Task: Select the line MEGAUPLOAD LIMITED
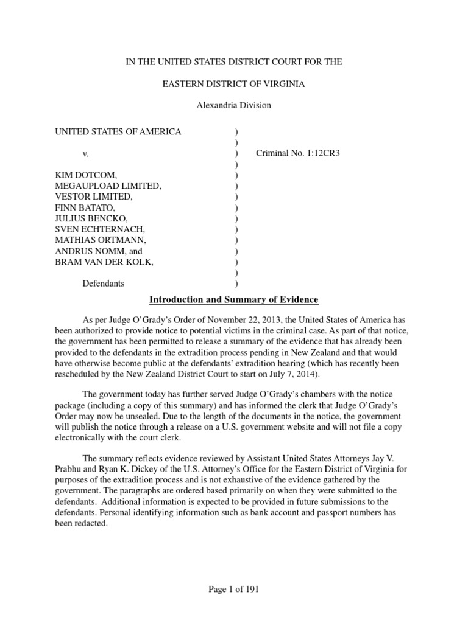[108, 186]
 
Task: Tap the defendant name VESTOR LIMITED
[93, 197]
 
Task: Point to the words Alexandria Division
[233, 105]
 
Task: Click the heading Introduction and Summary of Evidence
[234, 300]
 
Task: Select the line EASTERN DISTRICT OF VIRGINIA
[233, 83]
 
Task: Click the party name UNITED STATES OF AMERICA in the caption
[118, 131]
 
